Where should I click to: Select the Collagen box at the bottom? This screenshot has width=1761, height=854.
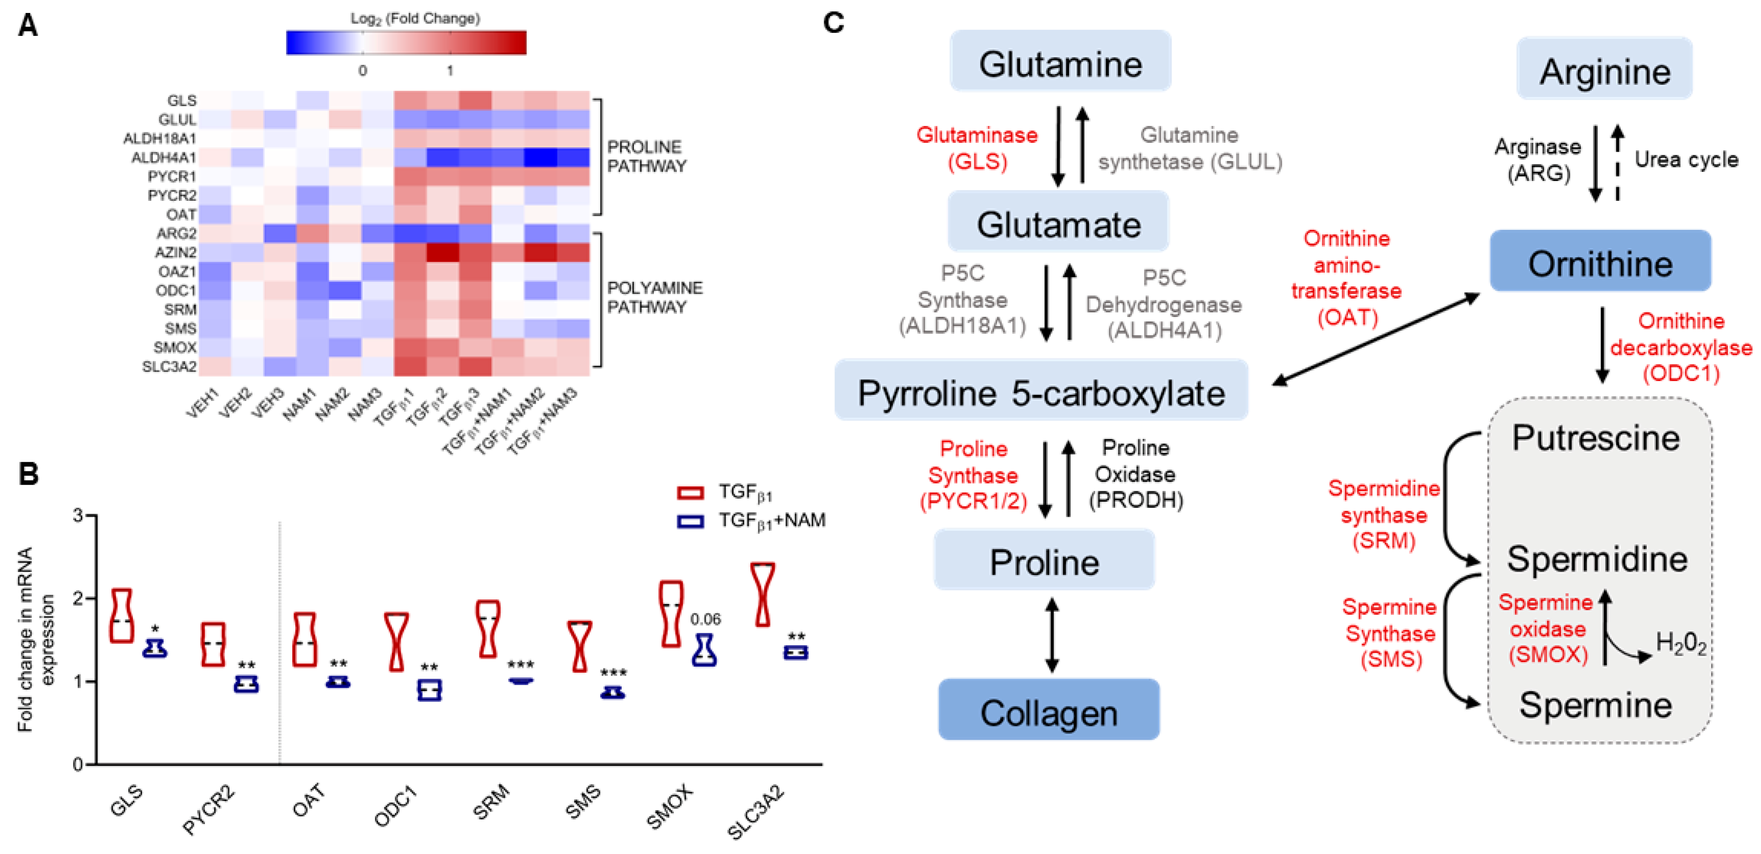pos(1049,711)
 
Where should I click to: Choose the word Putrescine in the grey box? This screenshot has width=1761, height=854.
pos(1596,438)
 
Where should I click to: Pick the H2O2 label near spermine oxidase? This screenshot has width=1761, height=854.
pos(1680,643)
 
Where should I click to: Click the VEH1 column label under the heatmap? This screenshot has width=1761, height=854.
pos(202,403)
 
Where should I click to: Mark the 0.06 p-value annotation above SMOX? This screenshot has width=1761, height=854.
pos(705,619)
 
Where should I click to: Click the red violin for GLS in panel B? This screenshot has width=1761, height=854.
pos(122,616)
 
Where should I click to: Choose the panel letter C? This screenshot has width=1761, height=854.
pos(834,23)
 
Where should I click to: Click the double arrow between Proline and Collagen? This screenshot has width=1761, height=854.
pos(1052,635)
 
